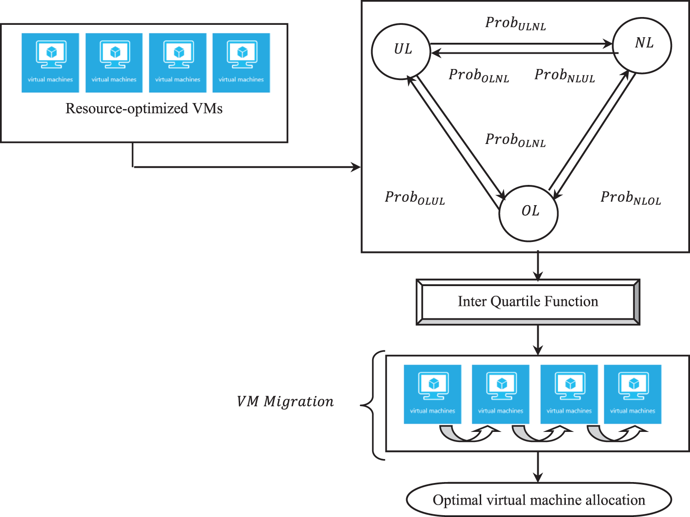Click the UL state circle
(x=401, y=51)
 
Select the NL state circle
(x=642, y=45)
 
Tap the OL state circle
(x=529, y=213)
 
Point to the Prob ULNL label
(x=515, y=23)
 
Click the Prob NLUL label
(x=564, y=75)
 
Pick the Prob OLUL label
(x=414, y=198)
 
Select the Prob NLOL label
(x=630, y=198)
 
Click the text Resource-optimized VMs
(x=144, y=109)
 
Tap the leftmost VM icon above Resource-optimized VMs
(x=50, y=63)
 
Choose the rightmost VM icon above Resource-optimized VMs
(x=241, y=63)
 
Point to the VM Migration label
(x=285, y=402)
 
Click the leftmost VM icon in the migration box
(x=432, y=394)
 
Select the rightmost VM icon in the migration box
(x=632, y=394)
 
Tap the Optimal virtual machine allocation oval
(x=539, y=500)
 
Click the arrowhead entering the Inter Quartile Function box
(x=538, y=276)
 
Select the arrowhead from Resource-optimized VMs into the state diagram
(x=356, y=167)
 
